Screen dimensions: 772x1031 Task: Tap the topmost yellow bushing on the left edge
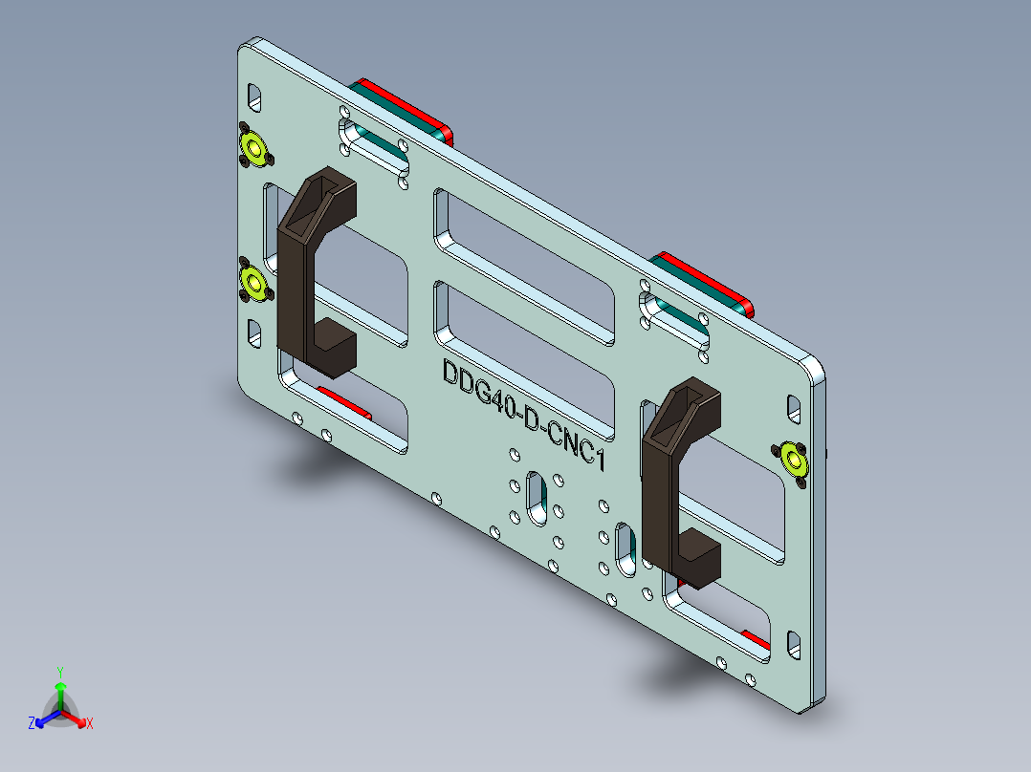[253, 148]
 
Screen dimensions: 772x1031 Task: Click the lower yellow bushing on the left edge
[253, 282]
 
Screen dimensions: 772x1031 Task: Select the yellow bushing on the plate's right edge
[794, 459]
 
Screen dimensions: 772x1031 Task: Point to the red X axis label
[90, 723]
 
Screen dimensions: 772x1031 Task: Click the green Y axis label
[59, 672]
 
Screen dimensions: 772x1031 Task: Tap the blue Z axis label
[32, 723]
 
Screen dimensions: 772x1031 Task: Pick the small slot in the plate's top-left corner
[254, 96]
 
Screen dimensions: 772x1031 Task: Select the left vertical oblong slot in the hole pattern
[537, 497]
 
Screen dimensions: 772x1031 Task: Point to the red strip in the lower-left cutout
[343, 401]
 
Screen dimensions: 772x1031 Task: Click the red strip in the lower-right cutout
[755, 637]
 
